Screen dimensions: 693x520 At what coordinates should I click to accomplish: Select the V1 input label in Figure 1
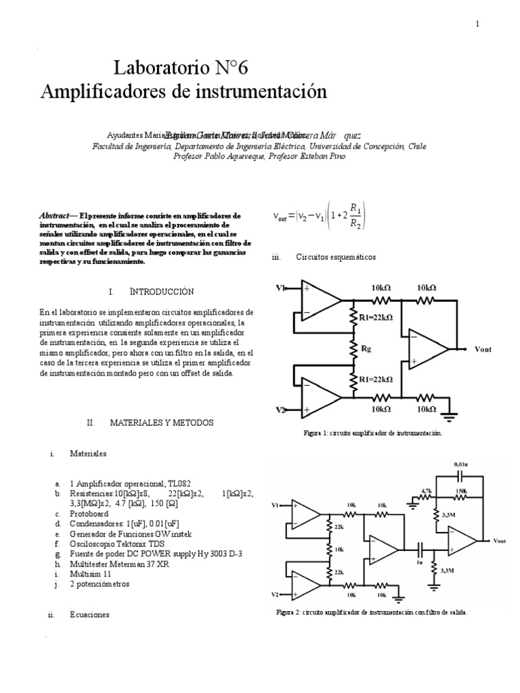(x=280, y=288)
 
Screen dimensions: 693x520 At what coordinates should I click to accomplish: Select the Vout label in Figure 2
(x=500, y=541)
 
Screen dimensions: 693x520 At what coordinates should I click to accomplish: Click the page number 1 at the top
(x=477, y=24)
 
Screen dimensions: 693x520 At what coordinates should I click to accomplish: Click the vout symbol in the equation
(x=280, y=217)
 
